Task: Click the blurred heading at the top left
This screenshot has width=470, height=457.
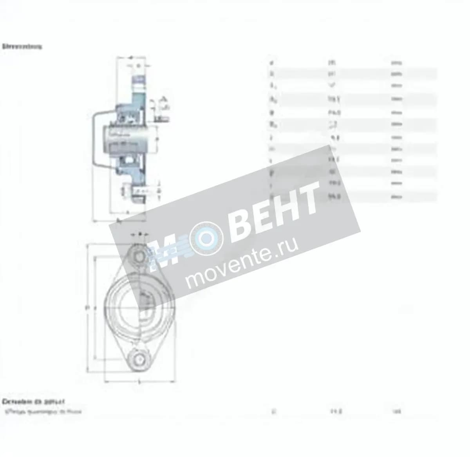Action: [x=22, y=46]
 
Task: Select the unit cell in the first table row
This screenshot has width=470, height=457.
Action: [x=396, y=62]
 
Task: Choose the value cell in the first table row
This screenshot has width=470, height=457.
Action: [x=333, y=62]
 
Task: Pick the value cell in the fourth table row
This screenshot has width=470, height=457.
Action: [x=333, y=100]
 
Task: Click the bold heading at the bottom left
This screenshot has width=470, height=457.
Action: [x=33, y=402]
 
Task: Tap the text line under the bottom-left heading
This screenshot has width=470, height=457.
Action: [x=43, y=411]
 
